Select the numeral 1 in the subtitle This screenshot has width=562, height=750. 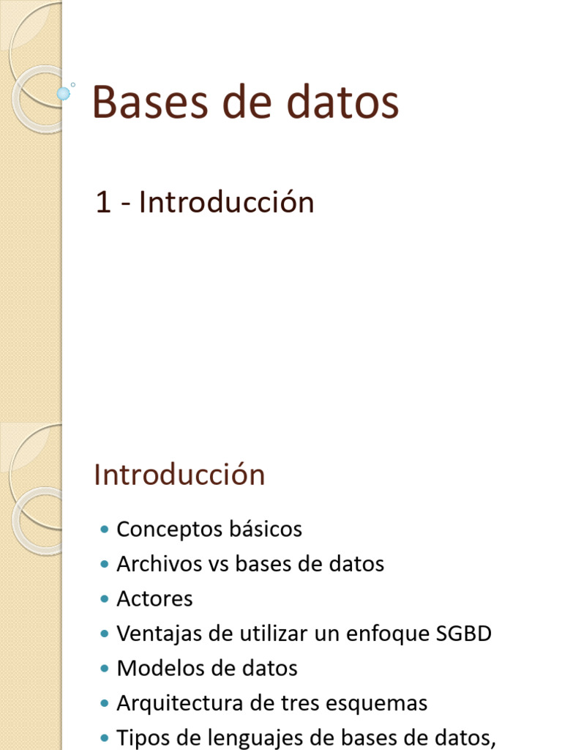[103, 203]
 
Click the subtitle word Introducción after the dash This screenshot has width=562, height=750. [227, 202]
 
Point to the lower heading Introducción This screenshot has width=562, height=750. [179, 475]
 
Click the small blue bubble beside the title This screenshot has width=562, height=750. [64, 93]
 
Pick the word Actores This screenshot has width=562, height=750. [154, 599]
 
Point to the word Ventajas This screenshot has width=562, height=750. [159, 634]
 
